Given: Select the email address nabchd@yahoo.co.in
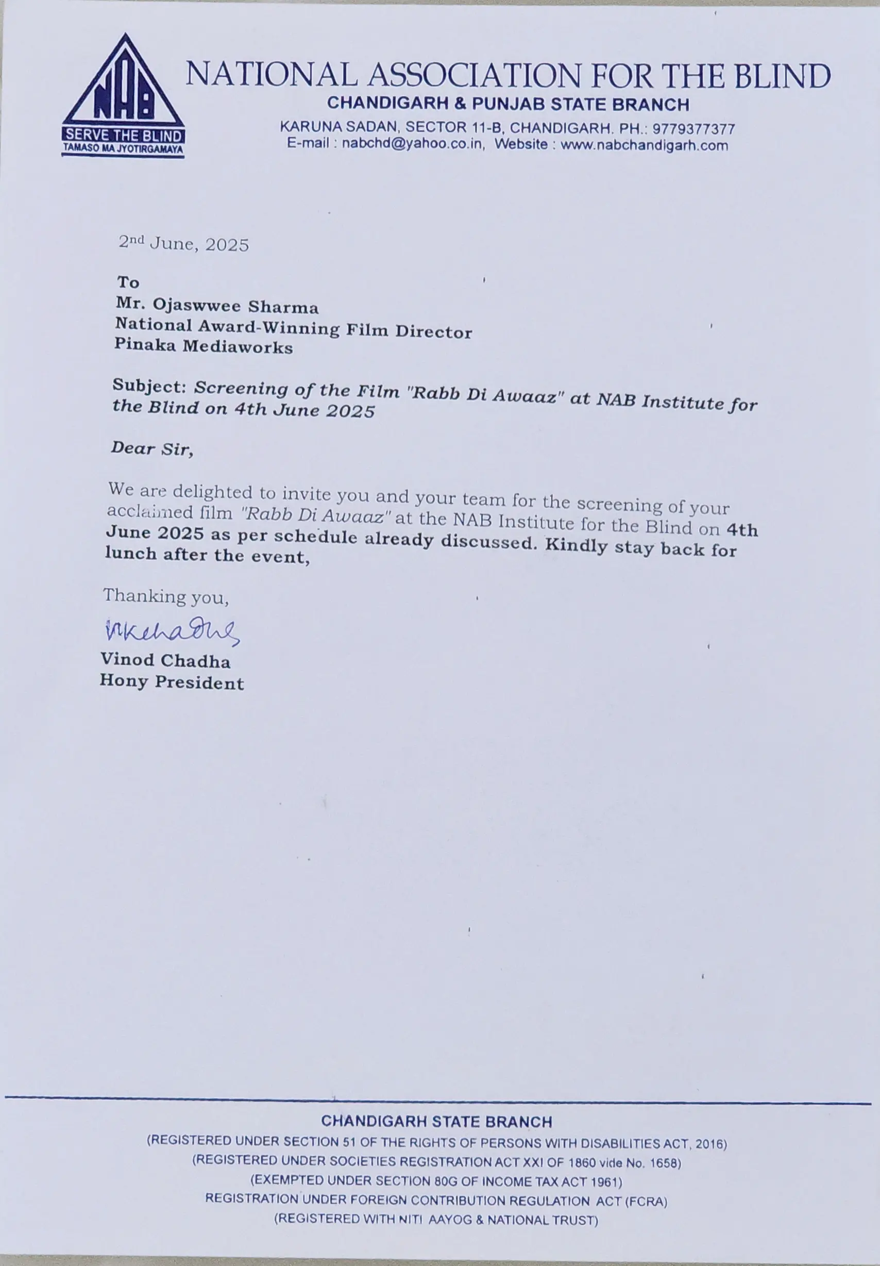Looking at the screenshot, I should (x=413, y=144).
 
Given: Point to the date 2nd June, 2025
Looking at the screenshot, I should (x=183, y=243).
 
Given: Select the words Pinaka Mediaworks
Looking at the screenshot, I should (x=204, y=346).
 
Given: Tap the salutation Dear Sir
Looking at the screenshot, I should (x=151, y=448).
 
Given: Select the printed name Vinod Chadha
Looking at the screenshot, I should (x=165, y=660).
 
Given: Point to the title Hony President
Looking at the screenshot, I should (x=172, y=682).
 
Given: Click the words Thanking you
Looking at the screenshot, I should (x=165, y=596).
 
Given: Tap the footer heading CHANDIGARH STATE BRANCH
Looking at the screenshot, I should (x=436, y=1122).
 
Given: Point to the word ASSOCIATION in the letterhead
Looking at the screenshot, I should (x=473, y=76).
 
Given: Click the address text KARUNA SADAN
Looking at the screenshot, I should (x=339, y=127).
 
